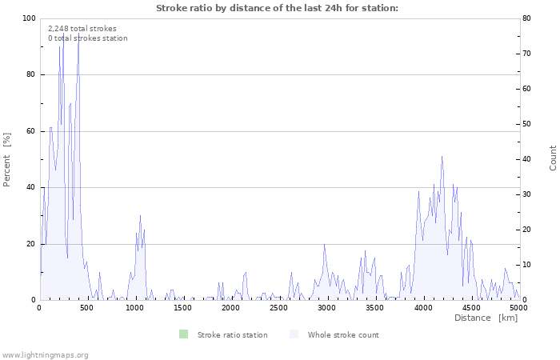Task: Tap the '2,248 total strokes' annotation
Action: click(x=82, y=29)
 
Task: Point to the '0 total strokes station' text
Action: click(x=87, y=38)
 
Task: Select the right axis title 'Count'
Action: click(x=553, y=158)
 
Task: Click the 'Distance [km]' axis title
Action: click(x=486, y=318)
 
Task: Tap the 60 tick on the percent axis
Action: click(x=31, y=131)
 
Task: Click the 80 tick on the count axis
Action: click(x=530, y=18)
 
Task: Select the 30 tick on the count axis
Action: click(x=530, y=194)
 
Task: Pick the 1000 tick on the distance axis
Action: click(x=135, y=308)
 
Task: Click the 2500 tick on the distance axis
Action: click(x=279, y=308)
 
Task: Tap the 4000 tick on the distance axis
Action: click(x=423, y=308)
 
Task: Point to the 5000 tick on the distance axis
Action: click(x=518, y=308)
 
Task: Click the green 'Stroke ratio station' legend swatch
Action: click(x=183, y=334)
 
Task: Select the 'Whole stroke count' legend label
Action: click(x=343, y=335)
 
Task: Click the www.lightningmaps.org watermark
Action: click(x=45, y=354)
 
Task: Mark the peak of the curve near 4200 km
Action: click(x=442, y=156)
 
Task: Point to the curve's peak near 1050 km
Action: click(x=141, y=215)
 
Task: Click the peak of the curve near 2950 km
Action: click(x=324, y=244)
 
